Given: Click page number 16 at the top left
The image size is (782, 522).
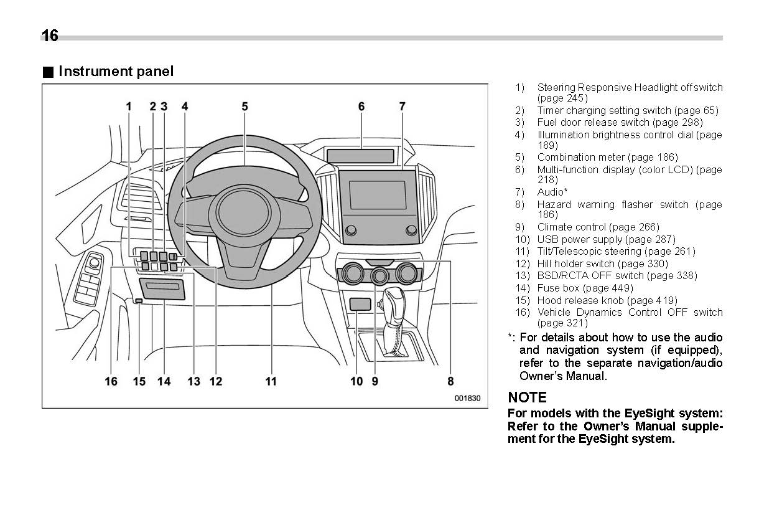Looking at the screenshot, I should click(50, 36).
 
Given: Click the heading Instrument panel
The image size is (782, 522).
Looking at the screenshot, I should click(116, 72).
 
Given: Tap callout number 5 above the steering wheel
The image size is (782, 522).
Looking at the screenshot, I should click(244, 107).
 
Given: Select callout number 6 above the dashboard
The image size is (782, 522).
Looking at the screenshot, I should click(361, 107).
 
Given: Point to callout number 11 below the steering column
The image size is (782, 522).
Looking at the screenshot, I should click(271, 381).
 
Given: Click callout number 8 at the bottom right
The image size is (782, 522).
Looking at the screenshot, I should click(450, 381).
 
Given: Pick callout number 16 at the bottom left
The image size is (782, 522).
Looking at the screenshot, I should click(111, 381).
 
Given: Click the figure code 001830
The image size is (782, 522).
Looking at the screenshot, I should click(467, 398).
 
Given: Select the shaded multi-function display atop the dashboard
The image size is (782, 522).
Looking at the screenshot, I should click(361, 156).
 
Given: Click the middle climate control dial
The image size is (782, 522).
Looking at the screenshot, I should click(379, 275).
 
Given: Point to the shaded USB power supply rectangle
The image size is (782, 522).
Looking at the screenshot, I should click(360, 304).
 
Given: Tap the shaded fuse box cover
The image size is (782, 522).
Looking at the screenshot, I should click(161, 289).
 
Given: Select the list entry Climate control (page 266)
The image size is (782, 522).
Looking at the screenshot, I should click(598, 227).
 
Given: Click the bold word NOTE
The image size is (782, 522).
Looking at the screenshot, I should click(527, 397).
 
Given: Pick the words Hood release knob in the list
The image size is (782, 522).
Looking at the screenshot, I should click(581, 300).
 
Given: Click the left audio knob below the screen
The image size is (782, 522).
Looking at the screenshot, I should click(351, 230).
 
